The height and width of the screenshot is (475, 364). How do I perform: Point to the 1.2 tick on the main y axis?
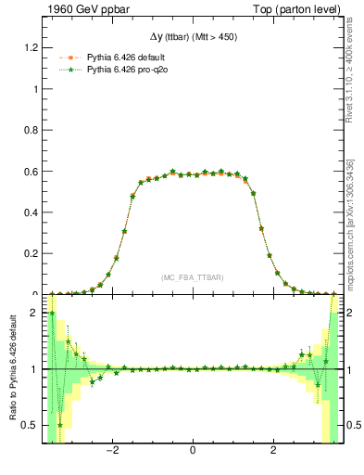click(x=31, y=48)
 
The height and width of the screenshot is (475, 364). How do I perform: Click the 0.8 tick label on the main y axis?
click(x=31, y=131)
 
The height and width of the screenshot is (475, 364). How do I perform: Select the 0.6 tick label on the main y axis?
click(x=31, y=172)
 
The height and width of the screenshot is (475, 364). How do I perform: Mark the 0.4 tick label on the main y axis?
click(x=31, y=212)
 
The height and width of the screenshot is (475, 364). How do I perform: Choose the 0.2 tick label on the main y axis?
click(x=31, y=253)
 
